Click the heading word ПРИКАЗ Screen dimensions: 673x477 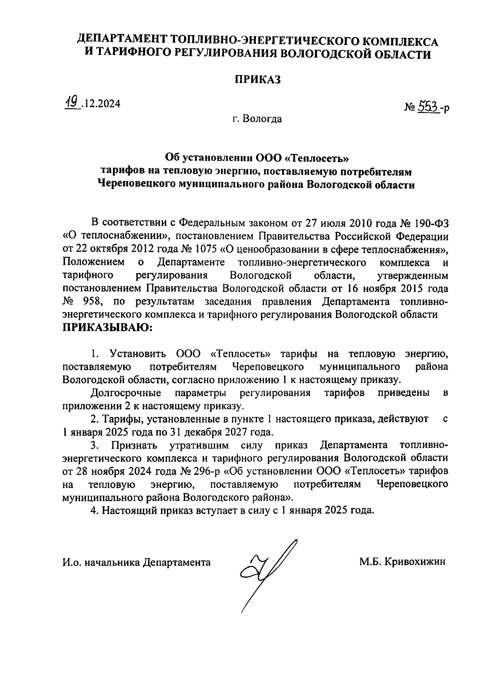[256, 79]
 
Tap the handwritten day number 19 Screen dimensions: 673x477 [72, 103]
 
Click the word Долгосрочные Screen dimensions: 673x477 [126, 393]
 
